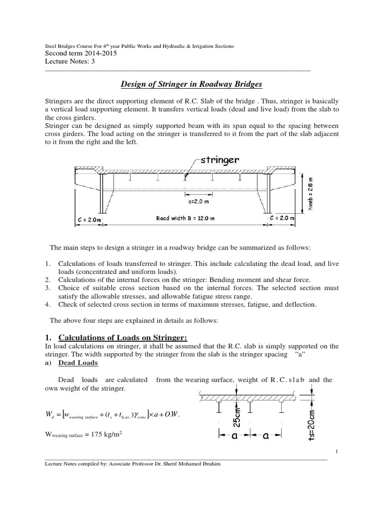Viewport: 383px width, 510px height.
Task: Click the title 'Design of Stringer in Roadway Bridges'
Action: [x=192, y=84]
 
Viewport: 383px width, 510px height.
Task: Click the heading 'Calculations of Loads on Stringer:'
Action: [x=120, y=337]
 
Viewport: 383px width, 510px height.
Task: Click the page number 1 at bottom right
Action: [x=337, y=452]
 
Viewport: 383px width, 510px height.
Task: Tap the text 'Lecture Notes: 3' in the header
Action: [x=69, y=62]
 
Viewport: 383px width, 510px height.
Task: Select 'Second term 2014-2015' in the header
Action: [x=81, y=54]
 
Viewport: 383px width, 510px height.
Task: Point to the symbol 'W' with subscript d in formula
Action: [x=49, y=414]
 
